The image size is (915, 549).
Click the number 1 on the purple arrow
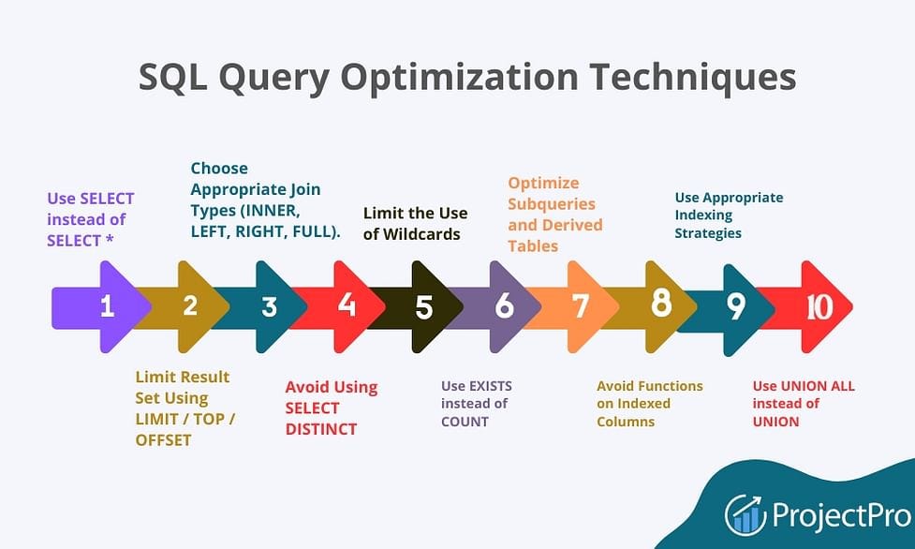pos(107,306)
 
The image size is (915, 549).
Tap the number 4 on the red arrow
pos(347,306)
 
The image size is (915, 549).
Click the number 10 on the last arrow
pos(819,306)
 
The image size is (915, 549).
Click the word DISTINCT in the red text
pos(321,429)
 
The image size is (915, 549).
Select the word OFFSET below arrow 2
pos(163,439)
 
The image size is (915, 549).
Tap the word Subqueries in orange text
pos(551,203)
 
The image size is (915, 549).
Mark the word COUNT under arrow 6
pos(465,422)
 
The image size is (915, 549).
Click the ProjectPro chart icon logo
pos(745,514)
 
